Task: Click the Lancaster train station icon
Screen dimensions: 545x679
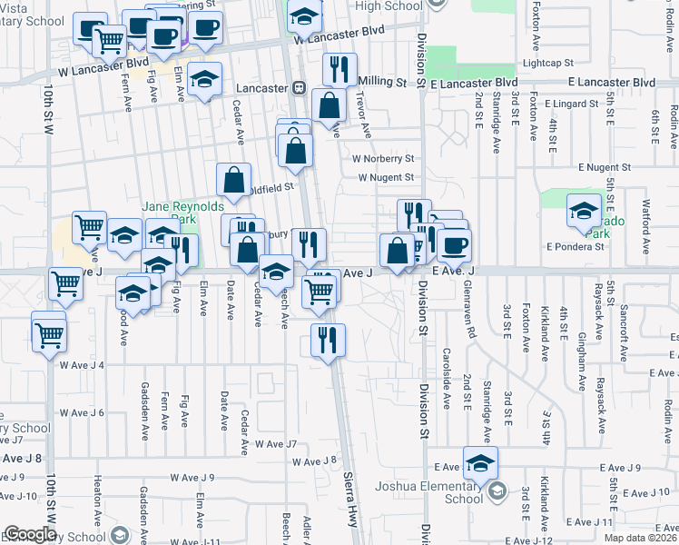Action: pyautogui.click(x=298, y=88)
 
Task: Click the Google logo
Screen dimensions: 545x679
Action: pyautogui.click(x=30, y=534)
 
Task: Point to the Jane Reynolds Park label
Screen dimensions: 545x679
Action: pyautogui.click(x=171, y=213)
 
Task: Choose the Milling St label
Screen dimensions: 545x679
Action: pyautogui.click(x=382, y=82)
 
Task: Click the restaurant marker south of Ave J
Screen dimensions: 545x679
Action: pyautogui.click(x=328, y=339)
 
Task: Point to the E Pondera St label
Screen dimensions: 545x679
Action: pyautogui.click(x=576, y=246)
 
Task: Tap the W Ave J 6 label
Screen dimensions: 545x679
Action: pyautogui.click(x=83, y=412)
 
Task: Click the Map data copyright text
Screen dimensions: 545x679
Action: pyautogui.click(x=639, y=538)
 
